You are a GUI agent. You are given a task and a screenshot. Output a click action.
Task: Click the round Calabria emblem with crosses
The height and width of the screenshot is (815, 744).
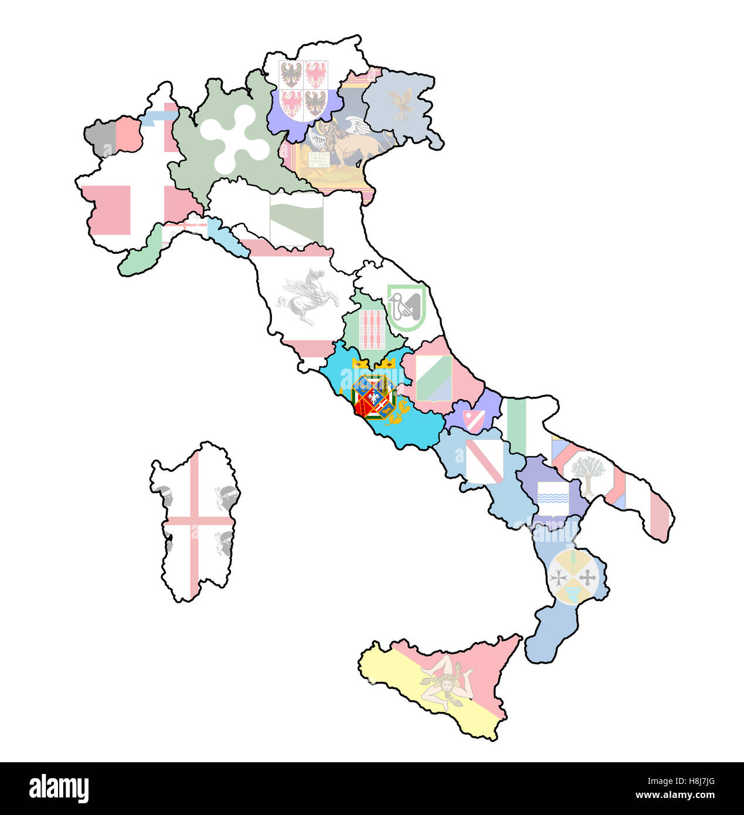point(575,577)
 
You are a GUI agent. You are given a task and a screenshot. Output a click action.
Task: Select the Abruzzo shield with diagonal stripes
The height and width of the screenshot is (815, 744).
point(434,378)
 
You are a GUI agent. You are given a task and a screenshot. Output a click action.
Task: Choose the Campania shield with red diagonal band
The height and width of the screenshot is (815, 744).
point(484,461)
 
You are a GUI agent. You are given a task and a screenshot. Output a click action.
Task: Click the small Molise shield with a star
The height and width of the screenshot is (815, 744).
point(474,420)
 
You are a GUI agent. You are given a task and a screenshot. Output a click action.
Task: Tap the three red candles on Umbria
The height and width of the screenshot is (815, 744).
point(372,330)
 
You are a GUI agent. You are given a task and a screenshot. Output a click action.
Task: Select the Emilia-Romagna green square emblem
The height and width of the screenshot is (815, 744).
point(297,219)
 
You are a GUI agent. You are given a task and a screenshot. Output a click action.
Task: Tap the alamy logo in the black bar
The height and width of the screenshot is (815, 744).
point(59,789)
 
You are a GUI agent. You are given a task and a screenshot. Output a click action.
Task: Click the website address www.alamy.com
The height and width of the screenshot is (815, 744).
point(674,796)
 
